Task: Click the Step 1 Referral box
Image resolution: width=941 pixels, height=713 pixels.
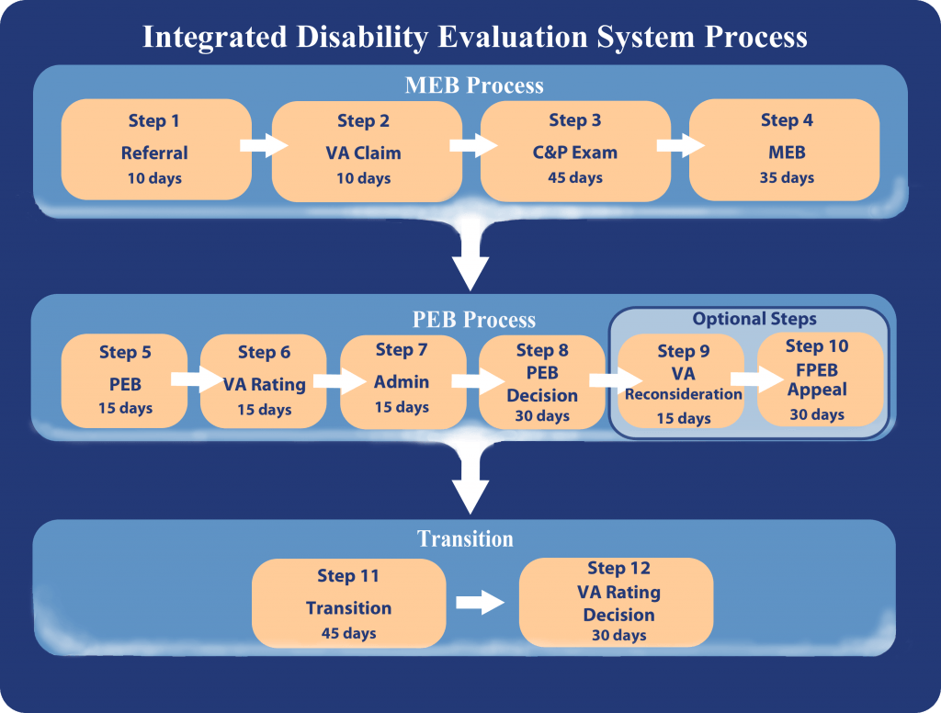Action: pyautogui.click(x=156, y=150)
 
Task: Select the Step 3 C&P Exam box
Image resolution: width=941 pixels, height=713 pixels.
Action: pyautogui.click(x=575, y=151)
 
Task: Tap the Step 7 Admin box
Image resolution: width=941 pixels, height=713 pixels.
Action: pyautogui.click(x=402, y=381)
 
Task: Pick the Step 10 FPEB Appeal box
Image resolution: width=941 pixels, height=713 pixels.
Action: pyautogui.click(x=820, y=379)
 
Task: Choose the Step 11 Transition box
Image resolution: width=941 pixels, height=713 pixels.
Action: pyautogui.click(x=348, y=603)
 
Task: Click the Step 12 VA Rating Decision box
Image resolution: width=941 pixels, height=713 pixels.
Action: pyautogui.click(x=616, y=602)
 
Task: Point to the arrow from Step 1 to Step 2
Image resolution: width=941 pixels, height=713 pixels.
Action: pyautogui.click(x=264, y=145)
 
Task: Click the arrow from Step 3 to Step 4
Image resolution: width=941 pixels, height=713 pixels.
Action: pyautogui.click(x=681, y=145)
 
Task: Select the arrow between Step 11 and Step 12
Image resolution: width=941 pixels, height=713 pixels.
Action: pyautogui.click(x=480, y=602)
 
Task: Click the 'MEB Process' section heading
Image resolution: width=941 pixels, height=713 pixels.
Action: pyautogui.click(x=474, y=85)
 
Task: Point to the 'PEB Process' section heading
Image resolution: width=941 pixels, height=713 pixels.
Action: pyautogui.click(x=474, y=320)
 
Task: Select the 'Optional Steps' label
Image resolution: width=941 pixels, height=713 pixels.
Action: pyautogui.click(x=754, y=319)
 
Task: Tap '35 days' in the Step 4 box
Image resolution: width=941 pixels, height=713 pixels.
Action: pyautogui.click(x=787, y=177)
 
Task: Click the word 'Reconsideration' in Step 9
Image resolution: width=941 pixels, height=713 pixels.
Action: pyautogui.click(x=684, y=394)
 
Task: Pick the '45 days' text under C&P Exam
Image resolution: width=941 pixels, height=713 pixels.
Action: pyautogui.click(x=575, y=177)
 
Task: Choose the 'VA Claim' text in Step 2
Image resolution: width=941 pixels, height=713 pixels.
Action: pyautogui.click(x=364, y=153)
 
